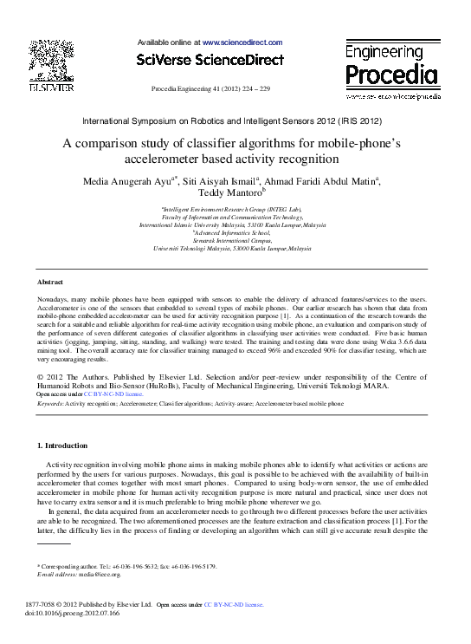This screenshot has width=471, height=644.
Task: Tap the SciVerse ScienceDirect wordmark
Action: click(210, 60)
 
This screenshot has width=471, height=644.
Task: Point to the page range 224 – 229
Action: click(253, 89)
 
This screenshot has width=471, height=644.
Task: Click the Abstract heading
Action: click(49, 283)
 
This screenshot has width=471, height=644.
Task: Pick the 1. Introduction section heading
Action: click(61, 446)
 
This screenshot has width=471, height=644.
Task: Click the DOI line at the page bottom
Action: click(74, 613)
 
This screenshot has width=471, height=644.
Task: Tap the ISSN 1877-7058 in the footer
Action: click(50, 604)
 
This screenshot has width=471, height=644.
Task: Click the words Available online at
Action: click(169, 42)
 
